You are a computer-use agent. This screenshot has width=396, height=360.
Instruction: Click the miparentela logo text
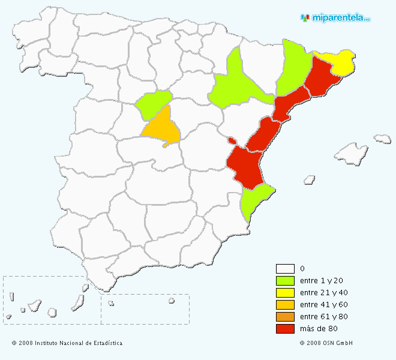pos(340,18)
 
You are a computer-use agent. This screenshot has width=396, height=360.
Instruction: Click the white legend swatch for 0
pos(285,269)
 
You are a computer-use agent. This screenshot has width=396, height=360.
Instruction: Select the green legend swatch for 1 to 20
pos(285,281)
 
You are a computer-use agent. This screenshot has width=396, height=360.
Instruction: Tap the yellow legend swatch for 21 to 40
pos(285,293)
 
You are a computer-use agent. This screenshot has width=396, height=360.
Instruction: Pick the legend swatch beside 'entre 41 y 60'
pos(285,305)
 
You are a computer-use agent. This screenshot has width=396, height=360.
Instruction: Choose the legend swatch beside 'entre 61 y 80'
pos(285,317)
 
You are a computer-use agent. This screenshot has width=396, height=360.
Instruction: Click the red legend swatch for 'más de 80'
pos(285,329)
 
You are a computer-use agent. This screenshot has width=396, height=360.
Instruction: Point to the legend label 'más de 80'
pos(315,329)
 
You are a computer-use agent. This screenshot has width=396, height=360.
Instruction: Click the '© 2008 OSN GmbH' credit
pos(326,343)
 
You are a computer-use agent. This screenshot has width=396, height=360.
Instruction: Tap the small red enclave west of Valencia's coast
pos(232,140)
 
